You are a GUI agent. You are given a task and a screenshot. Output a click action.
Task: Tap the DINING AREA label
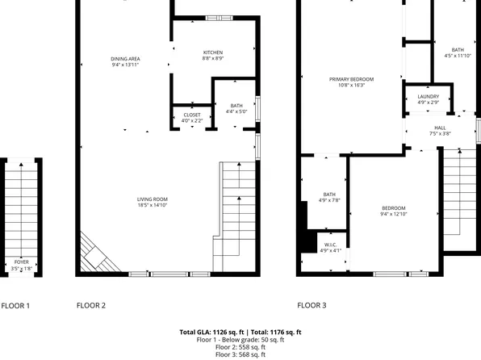(127, 58)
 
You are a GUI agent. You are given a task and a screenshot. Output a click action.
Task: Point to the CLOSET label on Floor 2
(192, 115)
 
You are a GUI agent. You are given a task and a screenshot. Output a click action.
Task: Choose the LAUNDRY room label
(429, 97)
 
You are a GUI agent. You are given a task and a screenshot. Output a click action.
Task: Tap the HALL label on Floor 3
(440, 128)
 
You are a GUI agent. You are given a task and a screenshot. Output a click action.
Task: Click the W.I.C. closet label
(331, 245)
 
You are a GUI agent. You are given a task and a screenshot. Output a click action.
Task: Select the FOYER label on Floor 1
(23, 261)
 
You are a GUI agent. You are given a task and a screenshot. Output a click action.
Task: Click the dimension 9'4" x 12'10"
(394, 215)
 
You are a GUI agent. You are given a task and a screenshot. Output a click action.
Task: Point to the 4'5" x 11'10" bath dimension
(458, 56)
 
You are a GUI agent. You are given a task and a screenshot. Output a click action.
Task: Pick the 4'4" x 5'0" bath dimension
(236, 112)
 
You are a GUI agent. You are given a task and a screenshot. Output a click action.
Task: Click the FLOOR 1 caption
(15, 306)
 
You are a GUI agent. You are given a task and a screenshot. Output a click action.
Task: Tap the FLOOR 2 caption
(91, 306)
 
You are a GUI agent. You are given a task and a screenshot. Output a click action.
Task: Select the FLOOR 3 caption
(312, 306)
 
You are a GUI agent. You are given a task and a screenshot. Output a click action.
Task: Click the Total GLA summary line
(240, 332)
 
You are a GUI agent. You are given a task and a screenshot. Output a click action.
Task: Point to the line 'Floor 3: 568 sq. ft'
(240, 354)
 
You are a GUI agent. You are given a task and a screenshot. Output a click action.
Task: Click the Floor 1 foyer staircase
(23, 210)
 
